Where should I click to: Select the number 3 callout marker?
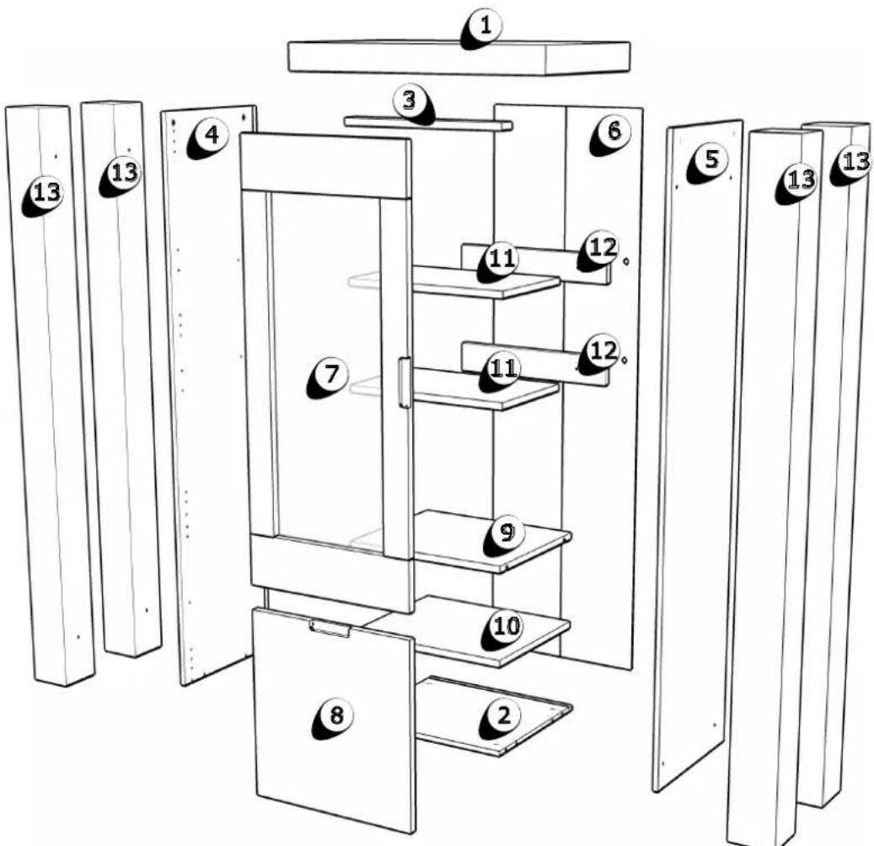(x=409, y=101)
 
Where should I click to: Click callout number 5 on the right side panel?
(x=712, y=160)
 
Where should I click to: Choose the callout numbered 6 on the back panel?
(x=613, y=131)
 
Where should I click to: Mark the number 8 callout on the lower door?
(x=335, y=716)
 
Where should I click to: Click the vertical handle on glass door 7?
(x=404, y=383)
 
